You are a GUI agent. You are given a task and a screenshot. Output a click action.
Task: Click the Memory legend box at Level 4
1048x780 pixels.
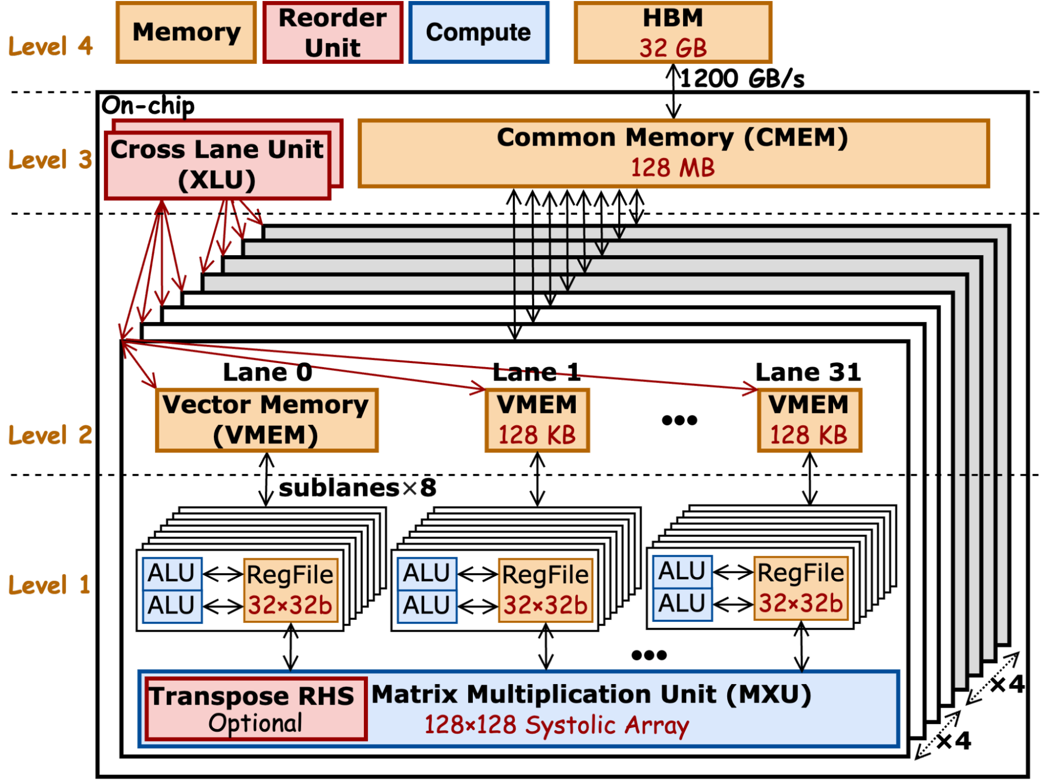pos(186,32)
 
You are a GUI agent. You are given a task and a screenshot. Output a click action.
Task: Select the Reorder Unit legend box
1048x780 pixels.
pos(332,32)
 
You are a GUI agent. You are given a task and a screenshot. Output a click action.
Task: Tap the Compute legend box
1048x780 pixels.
pos(479,32)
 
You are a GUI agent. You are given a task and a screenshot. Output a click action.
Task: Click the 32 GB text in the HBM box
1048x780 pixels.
pos(673,48)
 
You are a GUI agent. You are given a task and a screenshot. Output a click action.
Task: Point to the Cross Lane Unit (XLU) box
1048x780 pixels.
pos(218,165)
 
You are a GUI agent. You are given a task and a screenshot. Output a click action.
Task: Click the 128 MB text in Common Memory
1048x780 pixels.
pos(673,168)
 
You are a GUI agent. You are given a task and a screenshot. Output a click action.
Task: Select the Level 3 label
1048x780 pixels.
pos(50,160)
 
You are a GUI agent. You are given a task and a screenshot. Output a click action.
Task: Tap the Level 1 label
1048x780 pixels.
pos(49,585)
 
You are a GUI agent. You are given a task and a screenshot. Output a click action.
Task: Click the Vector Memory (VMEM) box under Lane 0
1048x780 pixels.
pos(266,420)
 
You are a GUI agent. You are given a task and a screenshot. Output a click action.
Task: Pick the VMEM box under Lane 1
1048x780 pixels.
pos(537,420)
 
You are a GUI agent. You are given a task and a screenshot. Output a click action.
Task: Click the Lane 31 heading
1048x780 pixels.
pos(808,372)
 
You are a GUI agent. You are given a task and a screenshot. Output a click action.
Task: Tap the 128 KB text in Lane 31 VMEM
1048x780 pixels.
pos(808,435)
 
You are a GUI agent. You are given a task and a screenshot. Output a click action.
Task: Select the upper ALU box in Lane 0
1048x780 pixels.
pos(172,573)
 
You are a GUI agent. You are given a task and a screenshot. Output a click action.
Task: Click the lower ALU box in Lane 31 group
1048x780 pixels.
pos(682,604)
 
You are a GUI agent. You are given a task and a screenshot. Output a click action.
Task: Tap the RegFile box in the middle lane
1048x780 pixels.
pos(545,590)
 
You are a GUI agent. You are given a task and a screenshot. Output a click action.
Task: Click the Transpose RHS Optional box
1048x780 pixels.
pos(255,709)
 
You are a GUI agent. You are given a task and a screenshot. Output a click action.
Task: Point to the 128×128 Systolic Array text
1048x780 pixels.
pos(556,726)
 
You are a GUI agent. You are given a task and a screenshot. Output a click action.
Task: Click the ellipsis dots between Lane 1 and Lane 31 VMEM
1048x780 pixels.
pos(679,420)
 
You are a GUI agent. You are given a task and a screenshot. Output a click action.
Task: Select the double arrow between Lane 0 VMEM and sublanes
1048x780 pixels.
pos(267,479)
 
